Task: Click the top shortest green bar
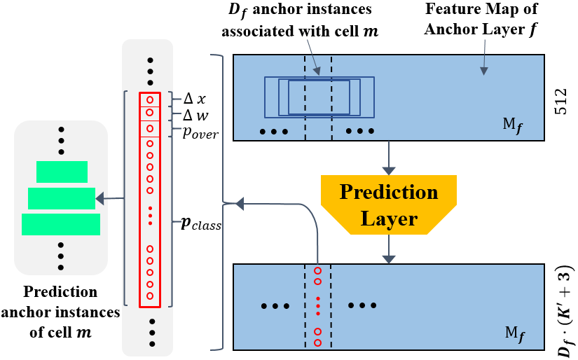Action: pyautogui.click(x=62, y=172)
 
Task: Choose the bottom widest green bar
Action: pyautogui.click(x=61, y=224)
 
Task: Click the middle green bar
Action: pyautogui.click(x=61, y=198)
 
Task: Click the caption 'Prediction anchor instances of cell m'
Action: pyautogui.click(x=60, y=313)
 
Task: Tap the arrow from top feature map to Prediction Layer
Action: pyautogui.click(x=388, y=157)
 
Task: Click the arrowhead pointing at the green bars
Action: pyautogui.click(x=101, y=199)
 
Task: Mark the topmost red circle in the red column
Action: pyautogui.click(x=150, y=99)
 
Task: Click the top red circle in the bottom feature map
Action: pyautogui.click(x=317, y=270)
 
